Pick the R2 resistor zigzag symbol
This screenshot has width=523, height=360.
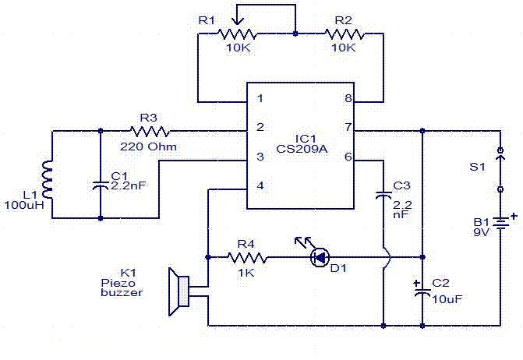[x=344, y=35]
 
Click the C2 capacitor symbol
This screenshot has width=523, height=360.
[x=422, y=293]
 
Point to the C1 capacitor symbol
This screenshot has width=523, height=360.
[x=101, y=185]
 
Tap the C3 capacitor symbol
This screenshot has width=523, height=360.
[x=383, y=195]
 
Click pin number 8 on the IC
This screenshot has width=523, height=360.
[x=348, y=99]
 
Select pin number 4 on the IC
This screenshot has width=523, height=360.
[x=260, y=186]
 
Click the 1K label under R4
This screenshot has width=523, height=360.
[x=246, y=272]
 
